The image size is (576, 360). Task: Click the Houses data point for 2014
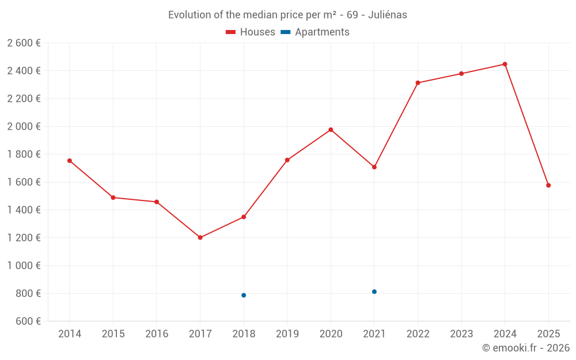(70, 161)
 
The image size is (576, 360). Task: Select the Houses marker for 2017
(200, 237)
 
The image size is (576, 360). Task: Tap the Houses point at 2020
(331, 130)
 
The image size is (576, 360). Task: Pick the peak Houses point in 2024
(505, 64)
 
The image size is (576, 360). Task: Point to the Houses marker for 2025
(548, 185)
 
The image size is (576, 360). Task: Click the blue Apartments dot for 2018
(244, 295)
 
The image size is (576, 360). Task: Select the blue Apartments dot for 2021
(374, 291)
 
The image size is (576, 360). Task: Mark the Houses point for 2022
(418, 83)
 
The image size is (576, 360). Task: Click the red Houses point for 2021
(374, 167)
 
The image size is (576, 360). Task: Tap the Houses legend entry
(251, 32)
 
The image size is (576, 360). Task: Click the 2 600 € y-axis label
(24, 43)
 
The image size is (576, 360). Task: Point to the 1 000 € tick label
(24, 266)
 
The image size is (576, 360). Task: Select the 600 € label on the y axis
(27, 321)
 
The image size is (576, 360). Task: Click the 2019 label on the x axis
(287, 334)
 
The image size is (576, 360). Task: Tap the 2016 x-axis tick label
(156, 334)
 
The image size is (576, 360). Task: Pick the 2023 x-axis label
(461, 334)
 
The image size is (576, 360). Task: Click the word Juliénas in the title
(389, 15)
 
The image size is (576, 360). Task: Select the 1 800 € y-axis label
(24, 154)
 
